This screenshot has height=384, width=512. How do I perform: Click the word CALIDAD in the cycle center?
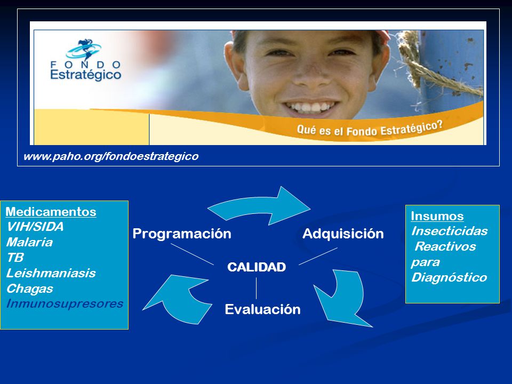(x=257, y=267)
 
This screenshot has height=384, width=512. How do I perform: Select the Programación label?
(x=182, y=234)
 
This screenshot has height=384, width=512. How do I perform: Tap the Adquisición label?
(x=343, y=234)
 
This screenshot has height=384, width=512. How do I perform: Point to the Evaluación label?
(x=262, y=309)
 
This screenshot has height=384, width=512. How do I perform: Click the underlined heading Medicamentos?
(x=51, y=212)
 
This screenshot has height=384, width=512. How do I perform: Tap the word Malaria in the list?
(x=29, y=242)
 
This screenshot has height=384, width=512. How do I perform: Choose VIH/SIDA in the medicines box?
(x=35, y=227)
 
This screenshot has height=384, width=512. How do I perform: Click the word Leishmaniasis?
(x=51, y=273)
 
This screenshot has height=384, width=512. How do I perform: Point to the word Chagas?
(x=30, y=289)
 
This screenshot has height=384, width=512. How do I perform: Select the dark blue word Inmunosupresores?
(x=65, y=303)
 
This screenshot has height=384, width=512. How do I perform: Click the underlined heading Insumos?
(x=437, y=216)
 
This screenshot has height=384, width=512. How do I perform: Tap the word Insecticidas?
(x=449, y=231)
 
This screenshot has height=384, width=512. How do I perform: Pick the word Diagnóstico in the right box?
(x=449, y=277)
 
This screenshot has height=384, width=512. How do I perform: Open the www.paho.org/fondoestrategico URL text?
(x=111, y=156)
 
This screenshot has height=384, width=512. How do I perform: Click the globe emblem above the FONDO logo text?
(x=83, y=49)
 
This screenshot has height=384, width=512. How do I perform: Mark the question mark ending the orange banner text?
(x=439, y=125)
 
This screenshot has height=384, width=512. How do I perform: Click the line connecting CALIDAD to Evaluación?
(x=257, y=289)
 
